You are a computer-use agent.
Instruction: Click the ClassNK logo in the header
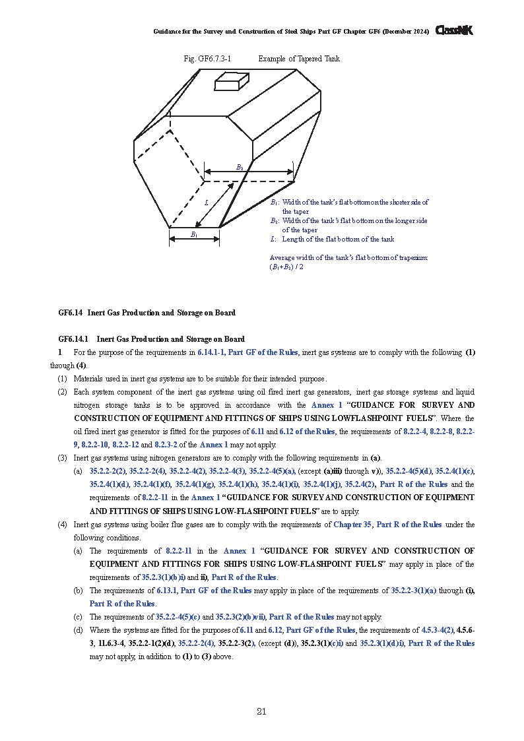(x=454, y=30)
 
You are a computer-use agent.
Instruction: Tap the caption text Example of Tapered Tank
(x=299, y=59)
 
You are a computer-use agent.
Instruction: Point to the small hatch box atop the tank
(x=232, y=81)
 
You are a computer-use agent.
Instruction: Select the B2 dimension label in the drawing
(x=240, y=167)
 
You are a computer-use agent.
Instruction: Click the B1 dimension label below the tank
(x=194, y=234)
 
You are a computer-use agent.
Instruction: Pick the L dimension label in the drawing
(x=206, y=203)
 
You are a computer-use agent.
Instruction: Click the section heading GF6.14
(x=71, y=313)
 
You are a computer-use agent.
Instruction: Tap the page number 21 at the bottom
(x=261, y=711)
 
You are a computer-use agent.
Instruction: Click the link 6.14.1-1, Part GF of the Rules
(x=247, y=352)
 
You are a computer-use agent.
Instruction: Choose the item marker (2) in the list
(x=62, y=392)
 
